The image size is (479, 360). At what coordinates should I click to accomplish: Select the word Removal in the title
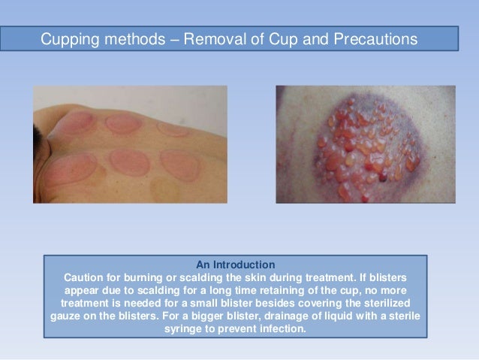[211, 38]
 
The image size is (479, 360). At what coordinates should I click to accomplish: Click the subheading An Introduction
[235, 265]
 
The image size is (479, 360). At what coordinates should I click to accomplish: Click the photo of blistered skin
[365, 144]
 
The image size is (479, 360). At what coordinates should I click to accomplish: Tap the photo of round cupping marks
[130, 144]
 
